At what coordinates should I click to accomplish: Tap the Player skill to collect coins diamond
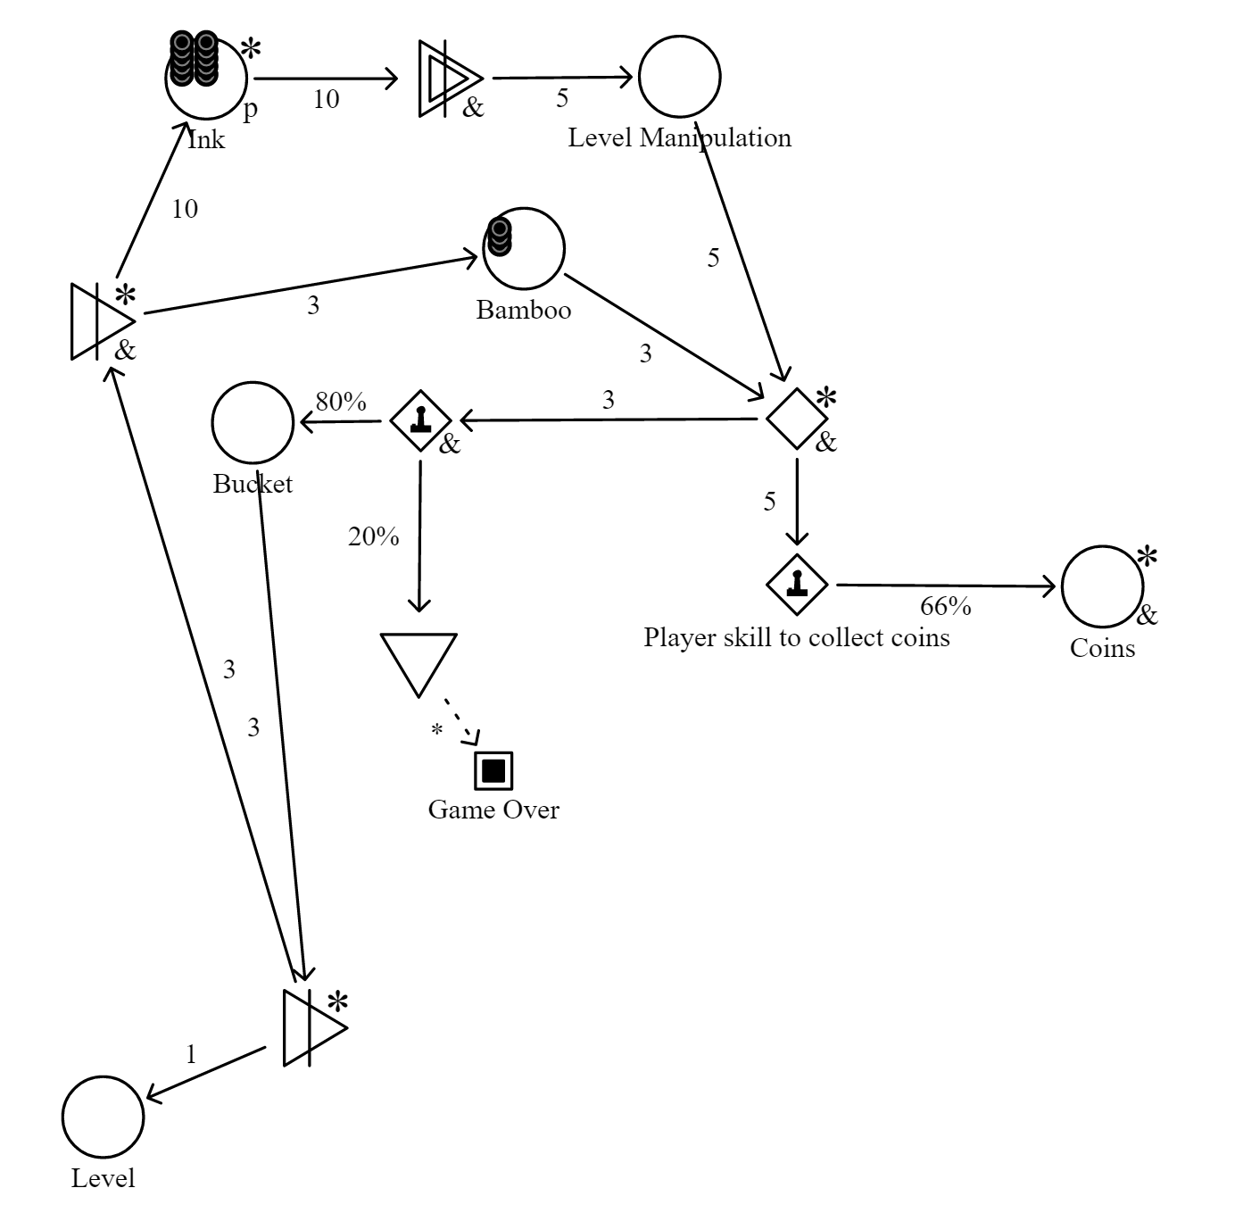(x=797, y=584)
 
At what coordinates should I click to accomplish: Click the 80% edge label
(x=341, y=402)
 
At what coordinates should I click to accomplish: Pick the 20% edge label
(x=374, y=536)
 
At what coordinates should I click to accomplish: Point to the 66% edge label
(x=945, y=606)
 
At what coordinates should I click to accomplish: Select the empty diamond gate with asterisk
(x=797, y=419)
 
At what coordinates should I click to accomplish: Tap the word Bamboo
(x=524, y=310)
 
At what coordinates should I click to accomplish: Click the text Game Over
(x=493, y=809)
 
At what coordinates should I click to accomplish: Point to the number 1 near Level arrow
(x=191, y=1054)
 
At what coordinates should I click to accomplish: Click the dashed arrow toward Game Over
(x=461, y=721)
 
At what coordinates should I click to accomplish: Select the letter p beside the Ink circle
(x=251, y=110)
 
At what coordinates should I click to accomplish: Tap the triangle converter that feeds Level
(x=315, y=1027)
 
